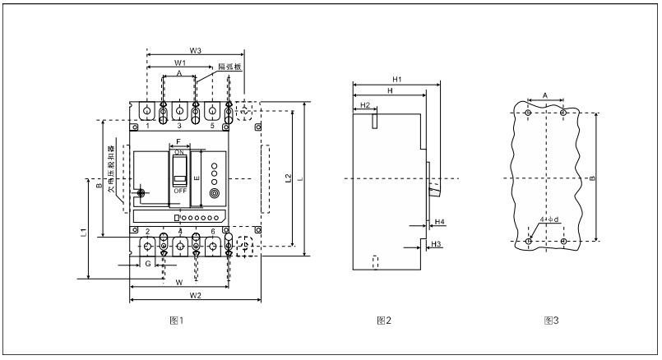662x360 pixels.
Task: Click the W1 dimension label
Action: [179, 62]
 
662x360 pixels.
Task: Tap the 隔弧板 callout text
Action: [229, 67]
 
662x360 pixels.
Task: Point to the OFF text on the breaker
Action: [179, 190]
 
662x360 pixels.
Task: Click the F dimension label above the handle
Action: [179, 143]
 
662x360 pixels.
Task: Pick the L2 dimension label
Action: [287, 178]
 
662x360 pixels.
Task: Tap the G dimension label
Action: [148, 265]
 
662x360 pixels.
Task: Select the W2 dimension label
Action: [195, 295]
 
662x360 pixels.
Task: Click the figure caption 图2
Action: [383, 320]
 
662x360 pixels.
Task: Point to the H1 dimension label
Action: [396, 79]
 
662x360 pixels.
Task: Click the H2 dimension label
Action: [365, 104]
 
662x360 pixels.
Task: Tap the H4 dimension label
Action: [439, 223]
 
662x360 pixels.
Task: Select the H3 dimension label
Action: [437, 245]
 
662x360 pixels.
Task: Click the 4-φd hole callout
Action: [549, 220]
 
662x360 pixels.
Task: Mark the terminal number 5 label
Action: [212, 126]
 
